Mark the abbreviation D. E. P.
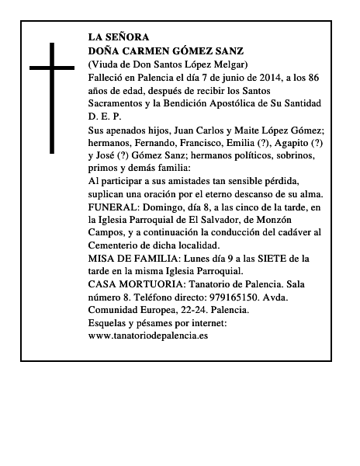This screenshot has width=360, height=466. tap(106, 116)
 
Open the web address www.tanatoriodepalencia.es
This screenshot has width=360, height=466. tap(149, 336)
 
